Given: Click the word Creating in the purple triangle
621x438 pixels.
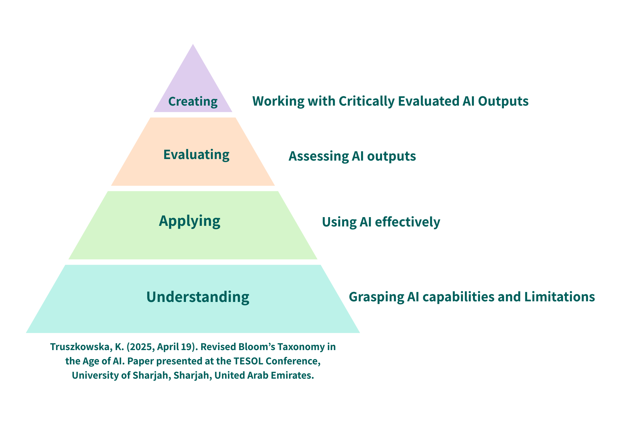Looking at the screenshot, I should [193, 102].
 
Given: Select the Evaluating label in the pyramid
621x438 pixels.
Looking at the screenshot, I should [196, 155].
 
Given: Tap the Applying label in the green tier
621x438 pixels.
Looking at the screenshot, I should [189, 221].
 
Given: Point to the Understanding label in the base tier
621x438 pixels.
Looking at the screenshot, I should [198, 297].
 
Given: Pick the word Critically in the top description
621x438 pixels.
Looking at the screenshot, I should [366, 101].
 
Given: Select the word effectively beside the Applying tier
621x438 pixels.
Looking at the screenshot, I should [407, 222].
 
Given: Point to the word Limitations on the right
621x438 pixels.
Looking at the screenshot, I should [560, 297].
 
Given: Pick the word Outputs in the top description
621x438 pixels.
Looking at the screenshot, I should [503, 101].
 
